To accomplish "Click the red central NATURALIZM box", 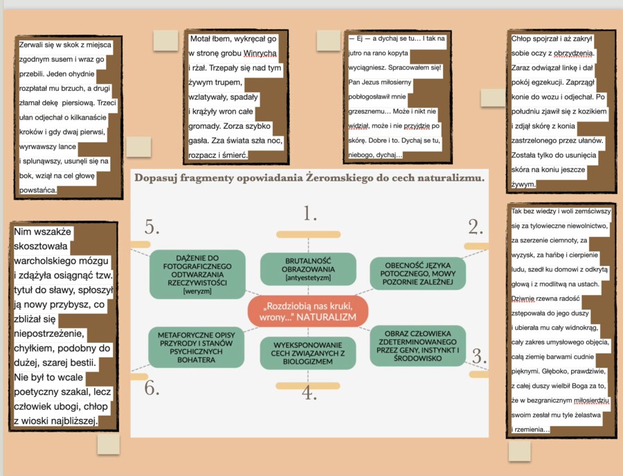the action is coord(308,311).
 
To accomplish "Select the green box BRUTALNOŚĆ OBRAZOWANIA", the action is coord(308,270).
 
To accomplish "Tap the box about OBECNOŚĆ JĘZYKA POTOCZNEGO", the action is coord(417,274).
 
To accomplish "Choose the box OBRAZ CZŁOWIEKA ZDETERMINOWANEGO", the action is coord(417,346).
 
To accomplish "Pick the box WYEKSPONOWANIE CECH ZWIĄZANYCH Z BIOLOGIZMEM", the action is coord(308,353).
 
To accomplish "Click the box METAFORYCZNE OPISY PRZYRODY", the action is coord(197,347).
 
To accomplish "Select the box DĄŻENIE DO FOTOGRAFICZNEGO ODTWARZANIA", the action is coord(197,274).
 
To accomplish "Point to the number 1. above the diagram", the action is coord(310,213).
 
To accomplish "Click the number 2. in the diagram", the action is coord(476,227).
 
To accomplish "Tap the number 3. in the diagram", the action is coord(479,356).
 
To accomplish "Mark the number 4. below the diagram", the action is coord(309,393).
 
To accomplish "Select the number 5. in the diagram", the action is coord(152,227).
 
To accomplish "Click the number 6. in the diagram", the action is coord(152,388).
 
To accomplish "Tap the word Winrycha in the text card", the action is coord(260,53).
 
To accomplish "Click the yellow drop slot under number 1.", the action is coord(308,234).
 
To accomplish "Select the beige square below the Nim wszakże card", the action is coord(109,444).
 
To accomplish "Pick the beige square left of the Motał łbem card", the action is coord(165,41).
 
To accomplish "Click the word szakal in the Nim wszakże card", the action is coord(79,392).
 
